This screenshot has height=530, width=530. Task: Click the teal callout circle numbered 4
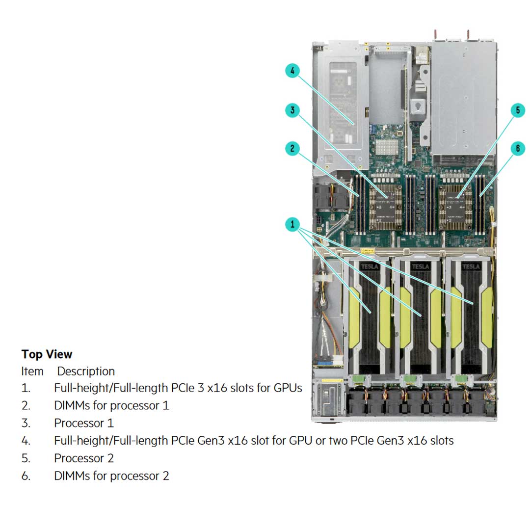coord(292,71)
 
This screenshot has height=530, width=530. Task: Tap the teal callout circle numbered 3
coord(292,110)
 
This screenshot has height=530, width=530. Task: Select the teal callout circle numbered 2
coord(292,149)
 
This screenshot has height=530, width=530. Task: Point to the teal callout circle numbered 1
coord(292,225)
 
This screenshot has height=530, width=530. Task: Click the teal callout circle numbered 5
coord(518,110)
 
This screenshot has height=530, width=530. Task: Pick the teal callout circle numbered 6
coord(518,149)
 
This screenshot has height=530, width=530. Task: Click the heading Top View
coord(47,354)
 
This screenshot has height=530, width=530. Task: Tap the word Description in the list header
coord(86,371)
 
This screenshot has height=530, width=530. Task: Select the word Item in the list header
coord(32,371)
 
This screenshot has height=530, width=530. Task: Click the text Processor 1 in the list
coord(83,423)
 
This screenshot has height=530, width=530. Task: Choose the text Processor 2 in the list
coord(83,458)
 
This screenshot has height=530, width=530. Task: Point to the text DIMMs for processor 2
coord(111,476)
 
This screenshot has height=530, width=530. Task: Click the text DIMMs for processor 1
coord(111,405)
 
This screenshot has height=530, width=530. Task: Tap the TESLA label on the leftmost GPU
coord(371,266)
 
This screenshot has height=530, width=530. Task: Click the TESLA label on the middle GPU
coord(421,266)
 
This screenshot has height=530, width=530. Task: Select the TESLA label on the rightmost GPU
coord(471,266)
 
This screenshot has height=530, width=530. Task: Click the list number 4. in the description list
coord(26,441)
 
